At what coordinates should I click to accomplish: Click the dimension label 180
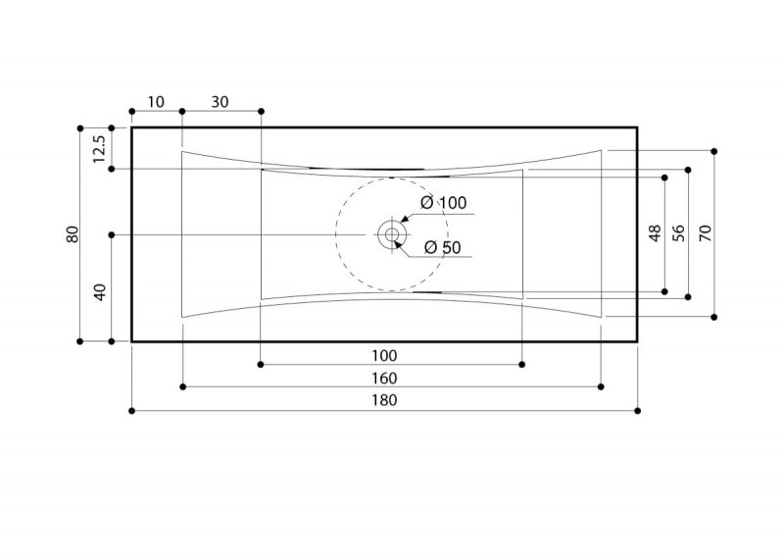[x=384, y=400]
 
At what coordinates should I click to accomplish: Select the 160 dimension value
[x=384, y=379]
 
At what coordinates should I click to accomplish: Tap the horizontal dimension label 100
[x=384, y=356]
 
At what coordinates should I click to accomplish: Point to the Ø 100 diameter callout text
[x=444, y=203]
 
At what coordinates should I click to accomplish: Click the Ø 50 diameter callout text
[x=443, y=247]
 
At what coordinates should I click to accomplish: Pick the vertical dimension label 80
[x=73, y=234]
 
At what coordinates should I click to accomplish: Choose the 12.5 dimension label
[x=99, y=149]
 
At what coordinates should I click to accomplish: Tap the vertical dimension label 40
[x=101, y=292]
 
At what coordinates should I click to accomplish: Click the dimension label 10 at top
[x=156, y=102]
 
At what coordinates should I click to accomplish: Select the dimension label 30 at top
[x=220, y=102]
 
